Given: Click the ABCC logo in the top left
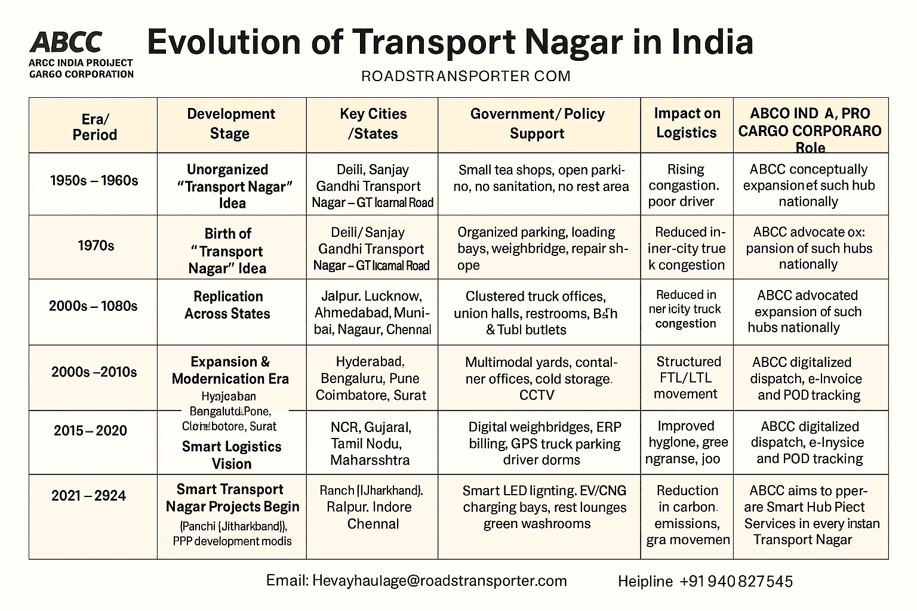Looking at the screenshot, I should coord(66,42).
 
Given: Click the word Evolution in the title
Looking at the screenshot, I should coord(223,42).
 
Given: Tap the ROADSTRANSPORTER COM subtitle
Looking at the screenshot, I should coord(466,76).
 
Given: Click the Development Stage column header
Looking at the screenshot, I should coord(230,124).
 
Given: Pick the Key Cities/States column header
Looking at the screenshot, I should coord(373,124).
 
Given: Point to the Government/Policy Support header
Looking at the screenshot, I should coord(537,124).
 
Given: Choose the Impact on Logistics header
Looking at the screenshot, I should coord(687,123).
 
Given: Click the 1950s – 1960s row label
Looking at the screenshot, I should coord(94,180).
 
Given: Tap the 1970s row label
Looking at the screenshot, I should coord(96,245).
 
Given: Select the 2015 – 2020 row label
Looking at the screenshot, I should coord(90,430).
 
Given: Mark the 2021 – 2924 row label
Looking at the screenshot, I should coord(88,495).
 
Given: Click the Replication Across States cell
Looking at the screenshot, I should coord(227,305).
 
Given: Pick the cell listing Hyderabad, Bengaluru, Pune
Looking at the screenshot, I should coord(371,378).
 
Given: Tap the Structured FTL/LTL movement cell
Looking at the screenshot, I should coord(688,378).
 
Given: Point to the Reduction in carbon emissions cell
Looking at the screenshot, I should coord(688,515).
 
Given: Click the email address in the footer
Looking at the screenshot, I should coord(416,581).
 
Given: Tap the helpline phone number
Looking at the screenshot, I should coord(736,581).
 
